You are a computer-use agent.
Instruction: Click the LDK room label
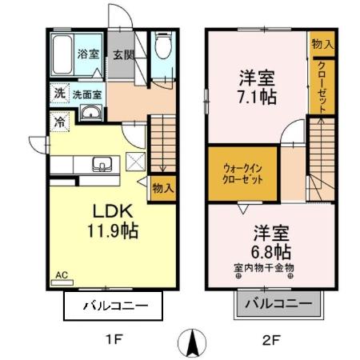click(x=112, y=214)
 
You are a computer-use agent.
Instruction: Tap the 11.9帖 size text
click(x=113, y=234)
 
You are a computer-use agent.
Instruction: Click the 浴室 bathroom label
click(x=87, y=54)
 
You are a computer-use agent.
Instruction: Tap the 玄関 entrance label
click(x=123, y=55)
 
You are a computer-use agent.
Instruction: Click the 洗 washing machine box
click(x=60, y=94)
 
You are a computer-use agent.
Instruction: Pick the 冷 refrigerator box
click(x=61, y=122)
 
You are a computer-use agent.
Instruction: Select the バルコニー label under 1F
click(x=113, y=305)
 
